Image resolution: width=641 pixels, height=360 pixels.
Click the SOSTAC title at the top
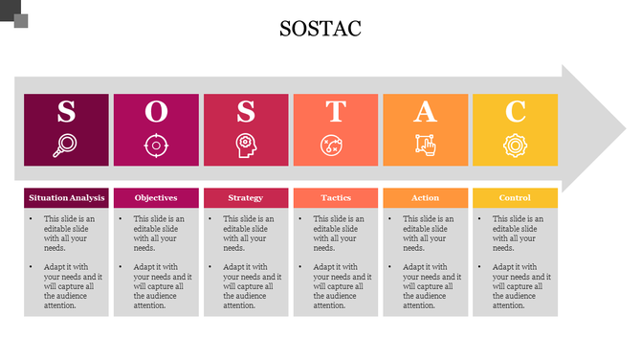(320, 30)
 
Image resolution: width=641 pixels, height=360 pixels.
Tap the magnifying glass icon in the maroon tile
(66, 146)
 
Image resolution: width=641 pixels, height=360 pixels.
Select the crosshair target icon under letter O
(155, 146)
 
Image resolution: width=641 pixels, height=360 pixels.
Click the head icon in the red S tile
(245, 146)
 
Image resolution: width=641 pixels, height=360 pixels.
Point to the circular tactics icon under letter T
(335, 146)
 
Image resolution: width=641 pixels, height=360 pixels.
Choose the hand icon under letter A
(425, 146)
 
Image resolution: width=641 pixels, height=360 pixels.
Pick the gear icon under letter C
(515, 146)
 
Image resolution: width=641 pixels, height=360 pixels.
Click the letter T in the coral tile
(335, 112)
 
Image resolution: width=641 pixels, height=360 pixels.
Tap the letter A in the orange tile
(425, 112)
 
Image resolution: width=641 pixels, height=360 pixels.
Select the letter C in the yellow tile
(515, 112)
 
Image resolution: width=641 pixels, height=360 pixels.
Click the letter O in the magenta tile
(155, 112)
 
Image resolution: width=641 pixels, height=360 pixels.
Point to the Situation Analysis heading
(66, 198)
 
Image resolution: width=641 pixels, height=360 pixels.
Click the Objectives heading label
(155, 198)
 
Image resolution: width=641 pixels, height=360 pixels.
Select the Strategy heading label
(245, 198)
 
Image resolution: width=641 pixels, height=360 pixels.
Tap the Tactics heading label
(335, 198)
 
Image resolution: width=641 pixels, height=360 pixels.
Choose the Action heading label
(425, 198)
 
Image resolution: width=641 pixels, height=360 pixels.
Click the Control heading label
(515, 198)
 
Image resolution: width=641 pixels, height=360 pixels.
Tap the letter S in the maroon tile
(66, 112)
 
